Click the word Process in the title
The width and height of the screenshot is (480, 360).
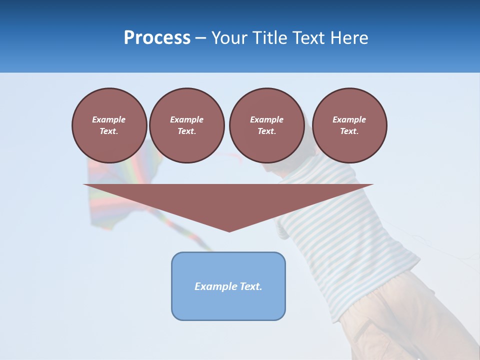click(x=157, y=38)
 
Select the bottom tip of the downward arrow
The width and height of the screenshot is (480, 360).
click(x=229, y=230)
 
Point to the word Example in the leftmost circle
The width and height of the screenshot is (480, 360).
click(x=109, y=119)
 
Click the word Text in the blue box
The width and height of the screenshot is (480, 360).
click(x=251, y=286)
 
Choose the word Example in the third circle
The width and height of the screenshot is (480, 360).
click(x=266, y=119)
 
